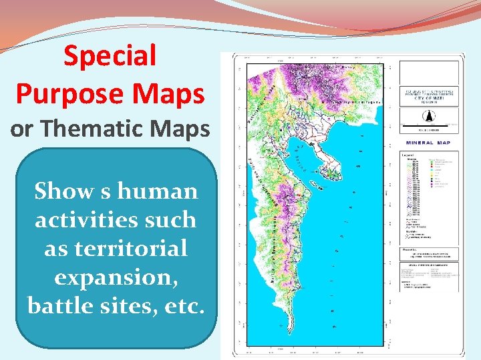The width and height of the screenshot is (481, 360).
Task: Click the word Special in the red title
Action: (x=110, y=57)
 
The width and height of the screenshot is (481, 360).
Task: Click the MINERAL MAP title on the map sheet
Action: (x=432, y=142)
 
